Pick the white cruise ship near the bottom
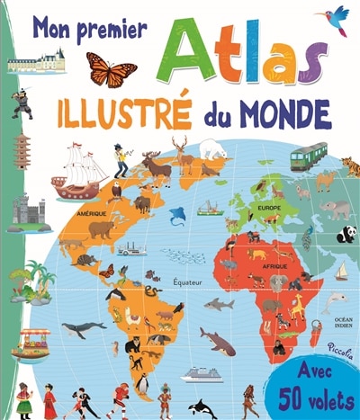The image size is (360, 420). point(202,375)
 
